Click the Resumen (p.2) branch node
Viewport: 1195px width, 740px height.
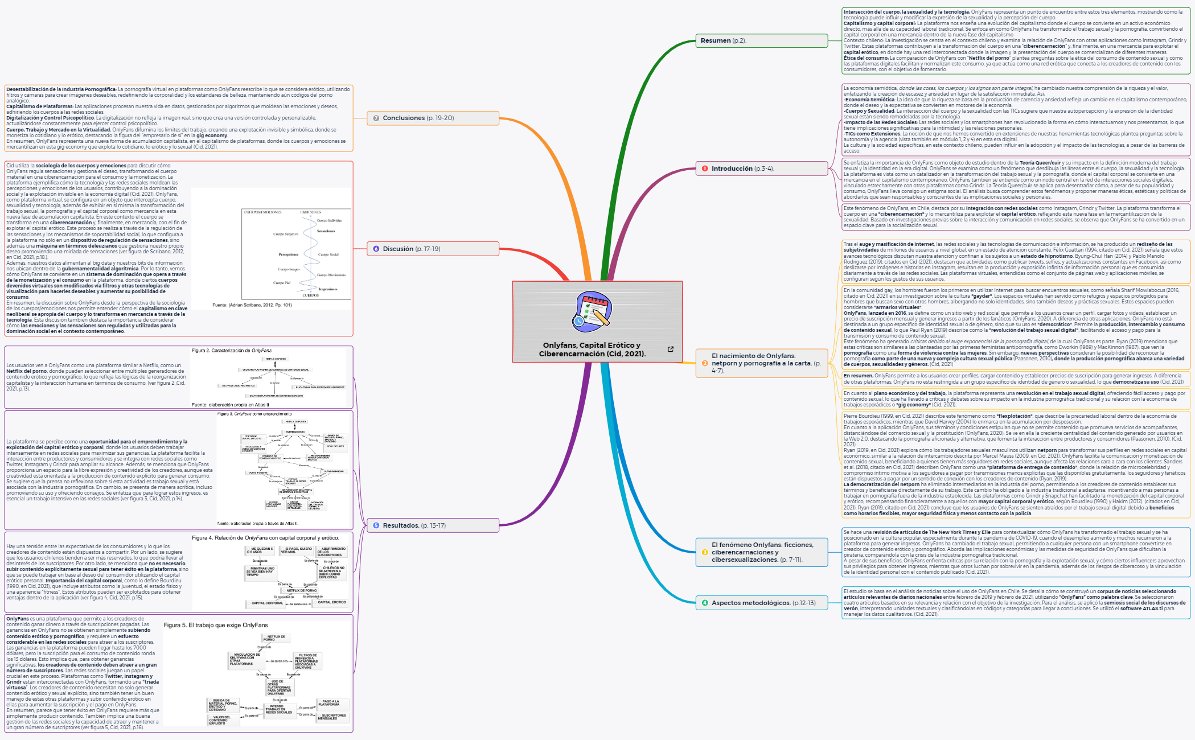click(x=761, y=40)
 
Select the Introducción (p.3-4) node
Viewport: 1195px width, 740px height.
click(x=761, y=168)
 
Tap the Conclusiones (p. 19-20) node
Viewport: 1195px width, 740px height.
click(x=433, y=118)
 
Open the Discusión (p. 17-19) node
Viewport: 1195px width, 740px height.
click(x=433, y=249)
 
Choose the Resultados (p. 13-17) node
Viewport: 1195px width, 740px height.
click(x=433, y=525)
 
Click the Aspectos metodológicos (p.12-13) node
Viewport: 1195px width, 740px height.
click(x=761, y=603)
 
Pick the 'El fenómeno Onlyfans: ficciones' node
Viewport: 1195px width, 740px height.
click(x=761, y=552)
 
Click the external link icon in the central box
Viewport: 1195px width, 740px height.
click(x=671, y=350)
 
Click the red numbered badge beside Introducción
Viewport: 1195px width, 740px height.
click(x=705, y=168)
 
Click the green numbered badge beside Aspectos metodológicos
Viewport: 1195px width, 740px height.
click(x=705, y=603)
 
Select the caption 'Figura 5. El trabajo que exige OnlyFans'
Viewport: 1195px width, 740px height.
click(x=215, y=625)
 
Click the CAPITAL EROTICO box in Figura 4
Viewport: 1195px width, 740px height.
click(x=331, y=602)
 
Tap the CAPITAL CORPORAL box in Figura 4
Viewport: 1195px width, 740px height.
click(x=267, y=603)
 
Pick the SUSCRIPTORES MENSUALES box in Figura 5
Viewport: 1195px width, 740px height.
click(x=333, y=717)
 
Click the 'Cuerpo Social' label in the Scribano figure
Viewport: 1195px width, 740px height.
click(x=328, y=254)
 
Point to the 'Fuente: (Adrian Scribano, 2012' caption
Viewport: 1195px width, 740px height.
click(x=252, y=305)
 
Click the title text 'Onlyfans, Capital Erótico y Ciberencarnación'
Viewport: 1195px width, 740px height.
click(x=592, y=350)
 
